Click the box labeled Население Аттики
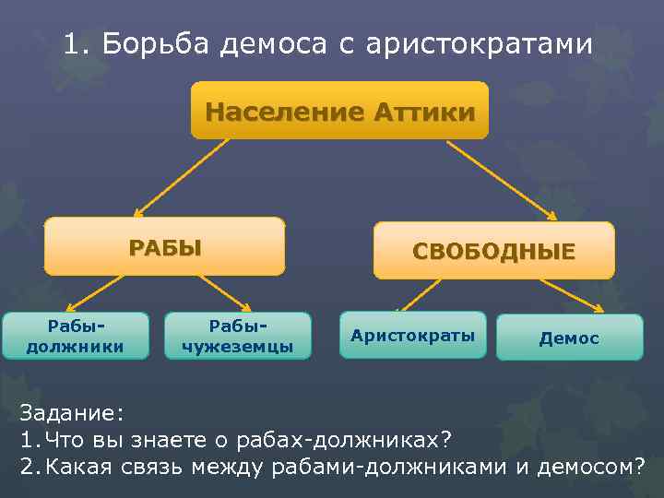pos(339,112)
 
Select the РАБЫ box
pos(165,246)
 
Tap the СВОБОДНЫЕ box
pos(493,251)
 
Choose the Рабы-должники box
pos(76,337)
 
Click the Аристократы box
pos(412,335)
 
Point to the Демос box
pos(569,338)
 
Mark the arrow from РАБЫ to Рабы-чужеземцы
pos(224,293)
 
